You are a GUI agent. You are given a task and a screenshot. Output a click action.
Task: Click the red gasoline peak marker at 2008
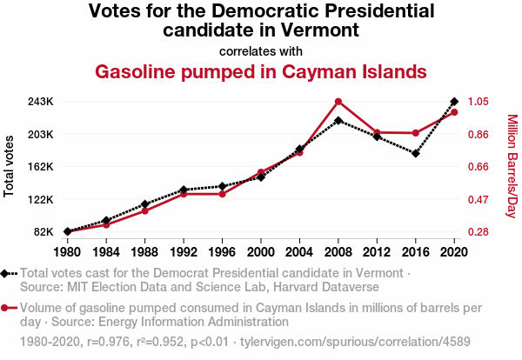coord(338,102)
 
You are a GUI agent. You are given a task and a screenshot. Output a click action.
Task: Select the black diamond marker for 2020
coord(454,102)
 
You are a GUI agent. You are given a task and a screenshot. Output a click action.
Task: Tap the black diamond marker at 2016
coord(416,154)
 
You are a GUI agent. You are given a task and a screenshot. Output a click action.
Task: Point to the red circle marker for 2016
coord(416,133)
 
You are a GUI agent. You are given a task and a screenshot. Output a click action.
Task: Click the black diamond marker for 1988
coord(144,204)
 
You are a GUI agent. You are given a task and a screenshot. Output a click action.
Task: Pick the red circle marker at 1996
coord(222,194)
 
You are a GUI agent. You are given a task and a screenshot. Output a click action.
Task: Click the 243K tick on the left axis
coord(40,102)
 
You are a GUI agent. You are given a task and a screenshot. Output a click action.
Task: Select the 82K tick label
coord(43,232)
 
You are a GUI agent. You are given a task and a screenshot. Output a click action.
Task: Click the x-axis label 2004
coord(299,252)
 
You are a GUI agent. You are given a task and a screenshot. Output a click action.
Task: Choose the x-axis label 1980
coord(67,252)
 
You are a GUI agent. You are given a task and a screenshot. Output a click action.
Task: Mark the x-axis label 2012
coord(377,252)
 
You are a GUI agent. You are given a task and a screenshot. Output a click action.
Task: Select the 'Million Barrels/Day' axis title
coord(512,166)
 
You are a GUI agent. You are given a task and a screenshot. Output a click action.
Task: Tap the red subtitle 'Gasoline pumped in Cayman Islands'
coord(260,70)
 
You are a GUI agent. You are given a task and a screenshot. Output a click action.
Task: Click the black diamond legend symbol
coord(7,274)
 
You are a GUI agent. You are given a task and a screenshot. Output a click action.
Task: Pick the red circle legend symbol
coord(7,308)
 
